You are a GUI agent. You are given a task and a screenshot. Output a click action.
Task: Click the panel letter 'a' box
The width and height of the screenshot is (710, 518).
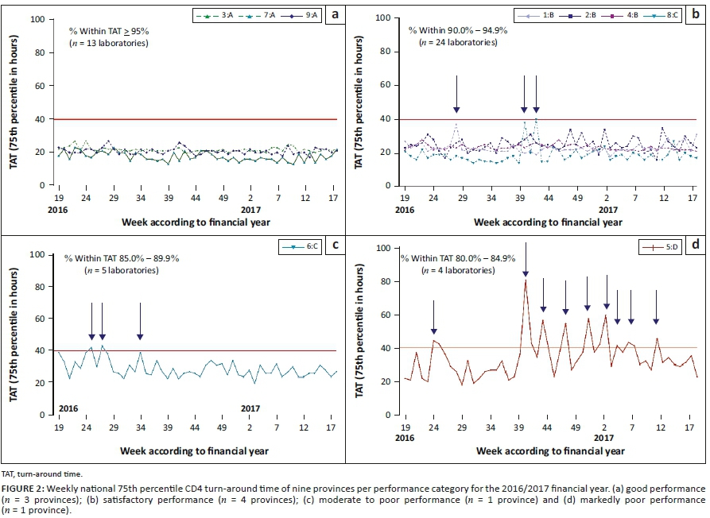335,14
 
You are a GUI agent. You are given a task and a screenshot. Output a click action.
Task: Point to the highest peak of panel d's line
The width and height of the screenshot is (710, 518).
526,280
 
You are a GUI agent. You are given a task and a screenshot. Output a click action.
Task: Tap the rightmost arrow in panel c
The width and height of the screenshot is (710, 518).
140,320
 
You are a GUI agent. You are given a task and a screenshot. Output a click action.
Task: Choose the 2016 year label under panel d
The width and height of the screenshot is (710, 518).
405,438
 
